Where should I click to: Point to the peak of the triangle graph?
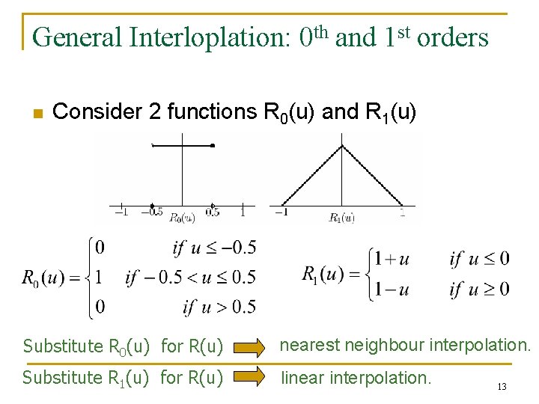pos(342,145)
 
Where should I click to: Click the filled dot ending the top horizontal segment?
pos(213,146)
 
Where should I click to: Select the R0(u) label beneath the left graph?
pos(182,218)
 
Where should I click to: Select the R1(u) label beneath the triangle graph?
pos(342,218)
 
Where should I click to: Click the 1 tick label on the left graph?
pos(243,212)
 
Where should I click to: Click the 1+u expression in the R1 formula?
pos(392,259)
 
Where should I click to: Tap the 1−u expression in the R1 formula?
pos(392,289)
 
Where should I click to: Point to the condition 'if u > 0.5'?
pos(219,306)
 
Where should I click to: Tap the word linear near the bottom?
pos(302,378)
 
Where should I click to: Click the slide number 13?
pos(502,387)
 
